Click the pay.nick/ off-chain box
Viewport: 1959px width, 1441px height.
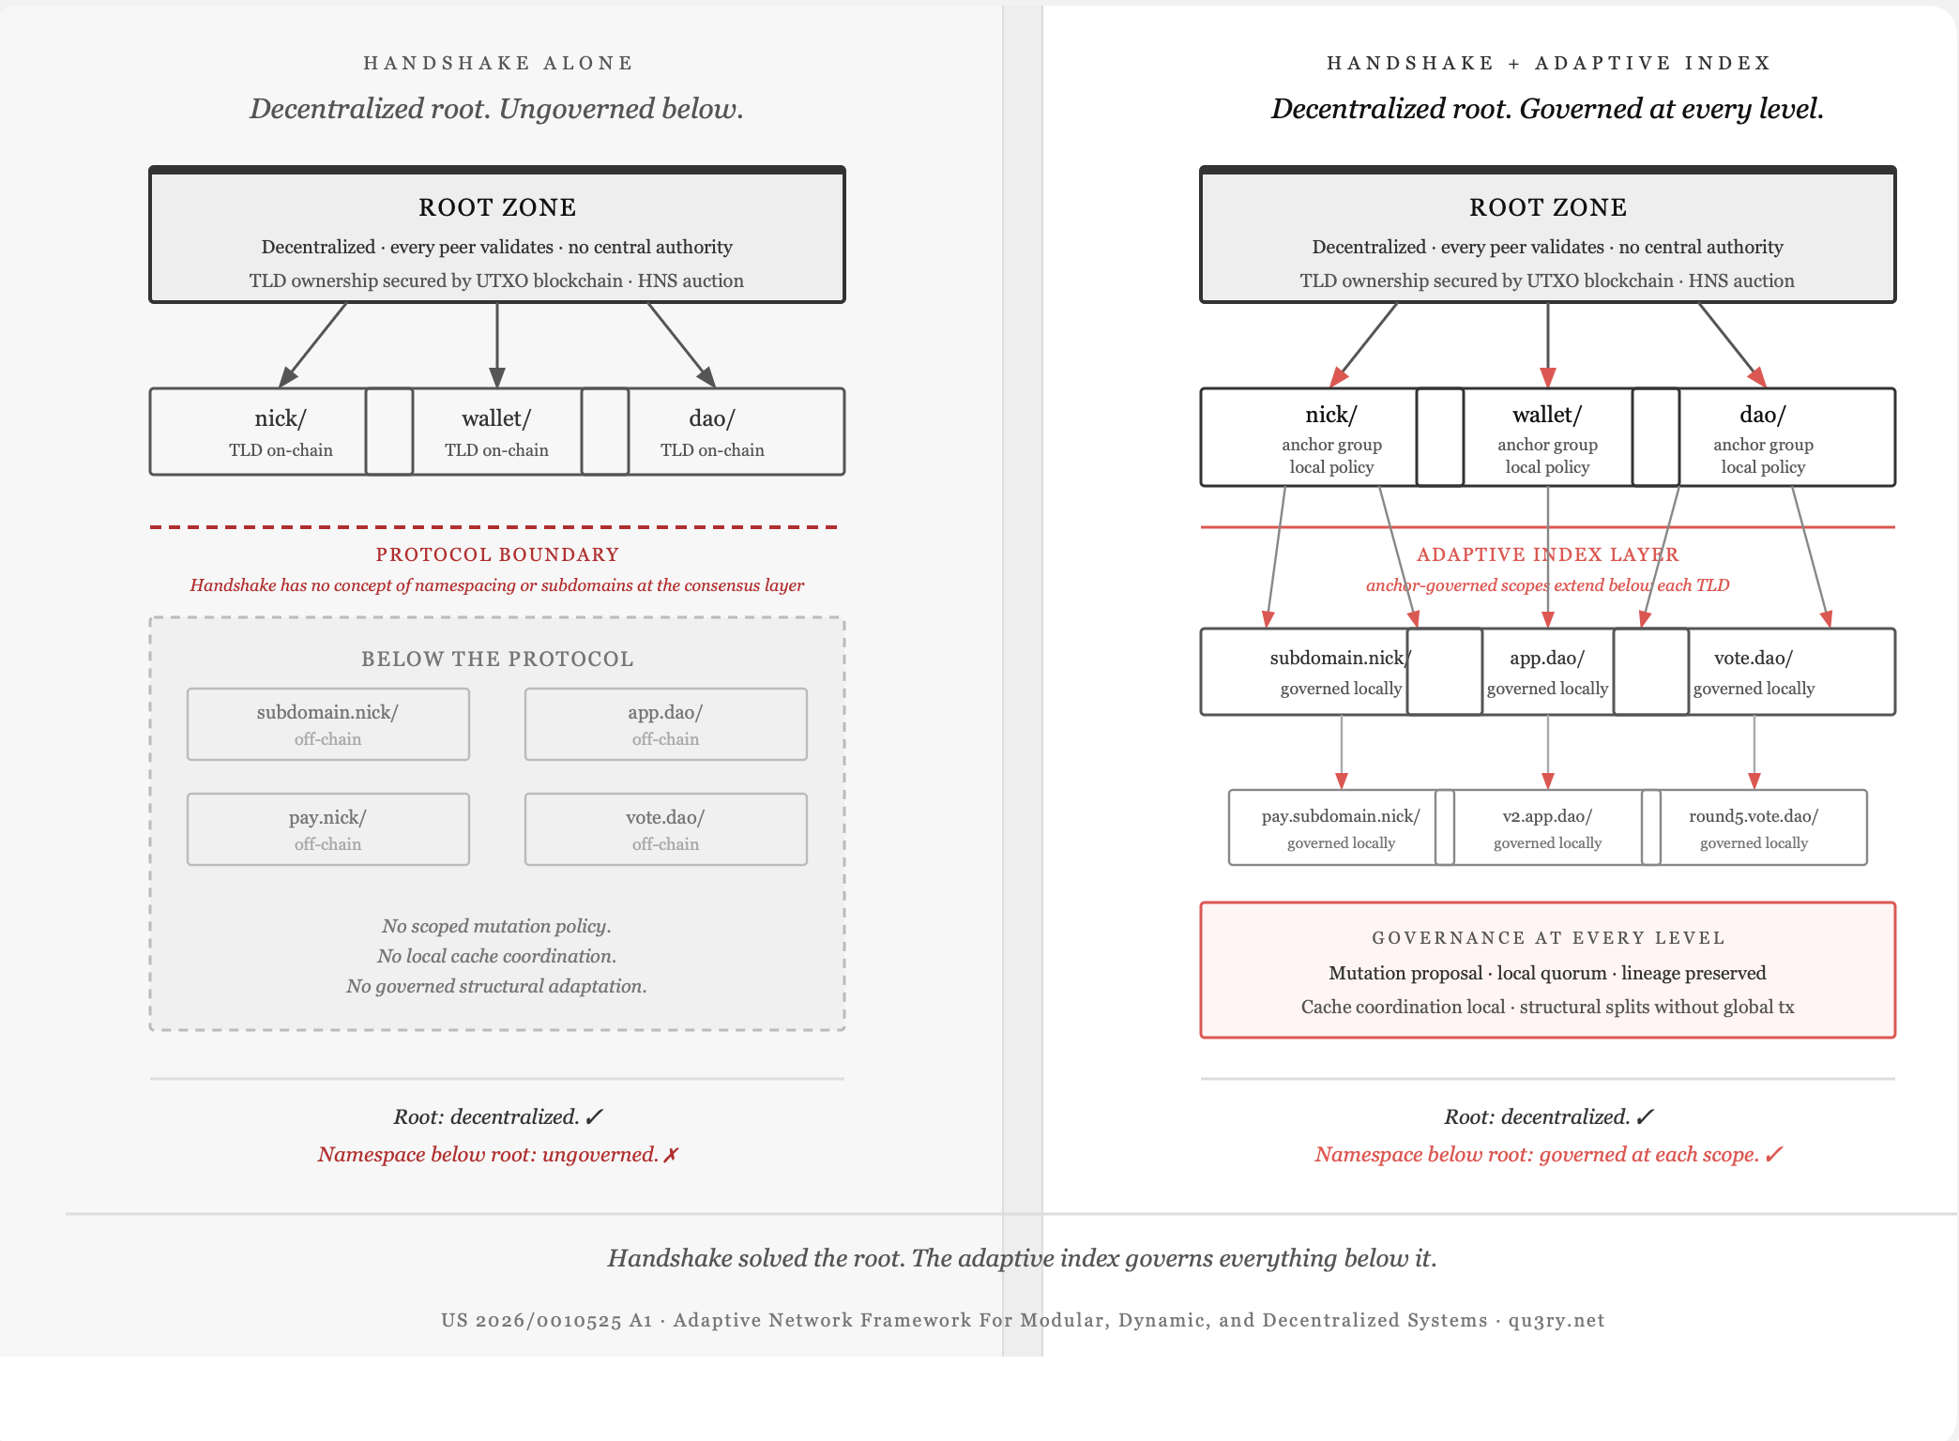(x=327, y=829)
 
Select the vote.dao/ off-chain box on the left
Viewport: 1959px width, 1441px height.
(x=665, y=829)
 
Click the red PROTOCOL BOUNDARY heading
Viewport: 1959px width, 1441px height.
(x=497, y=554)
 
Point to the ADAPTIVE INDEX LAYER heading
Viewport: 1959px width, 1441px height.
(x=1547, y=554)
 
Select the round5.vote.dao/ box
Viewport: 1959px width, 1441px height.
(x=1754, y=827)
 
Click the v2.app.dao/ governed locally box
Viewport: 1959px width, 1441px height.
(x=1547, y=827)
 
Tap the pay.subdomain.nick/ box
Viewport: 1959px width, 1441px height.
(x=1341, y=827)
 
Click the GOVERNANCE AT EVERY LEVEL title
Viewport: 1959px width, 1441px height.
(x=1548, y=937)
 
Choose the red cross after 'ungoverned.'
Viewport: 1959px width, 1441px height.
(x=670, y=1155)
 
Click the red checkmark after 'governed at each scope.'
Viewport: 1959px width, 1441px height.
(x=1772, y=1155)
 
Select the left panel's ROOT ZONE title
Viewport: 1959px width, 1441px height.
(x=497, y=207)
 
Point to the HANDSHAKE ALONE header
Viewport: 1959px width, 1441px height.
(x=498, y=63)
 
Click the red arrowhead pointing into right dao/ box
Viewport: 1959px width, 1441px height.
(x=1757, y=377)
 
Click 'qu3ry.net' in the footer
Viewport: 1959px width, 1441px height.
(x=1557, y=1320)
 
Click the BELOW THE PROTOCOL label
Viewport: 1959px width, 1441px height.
(x=497, y=659)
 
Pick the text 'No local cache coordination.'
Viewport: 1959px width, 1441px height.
(x=496, y=956)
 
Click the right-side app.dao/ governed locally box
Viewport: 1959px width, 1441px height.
(x=1547, y=672)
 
